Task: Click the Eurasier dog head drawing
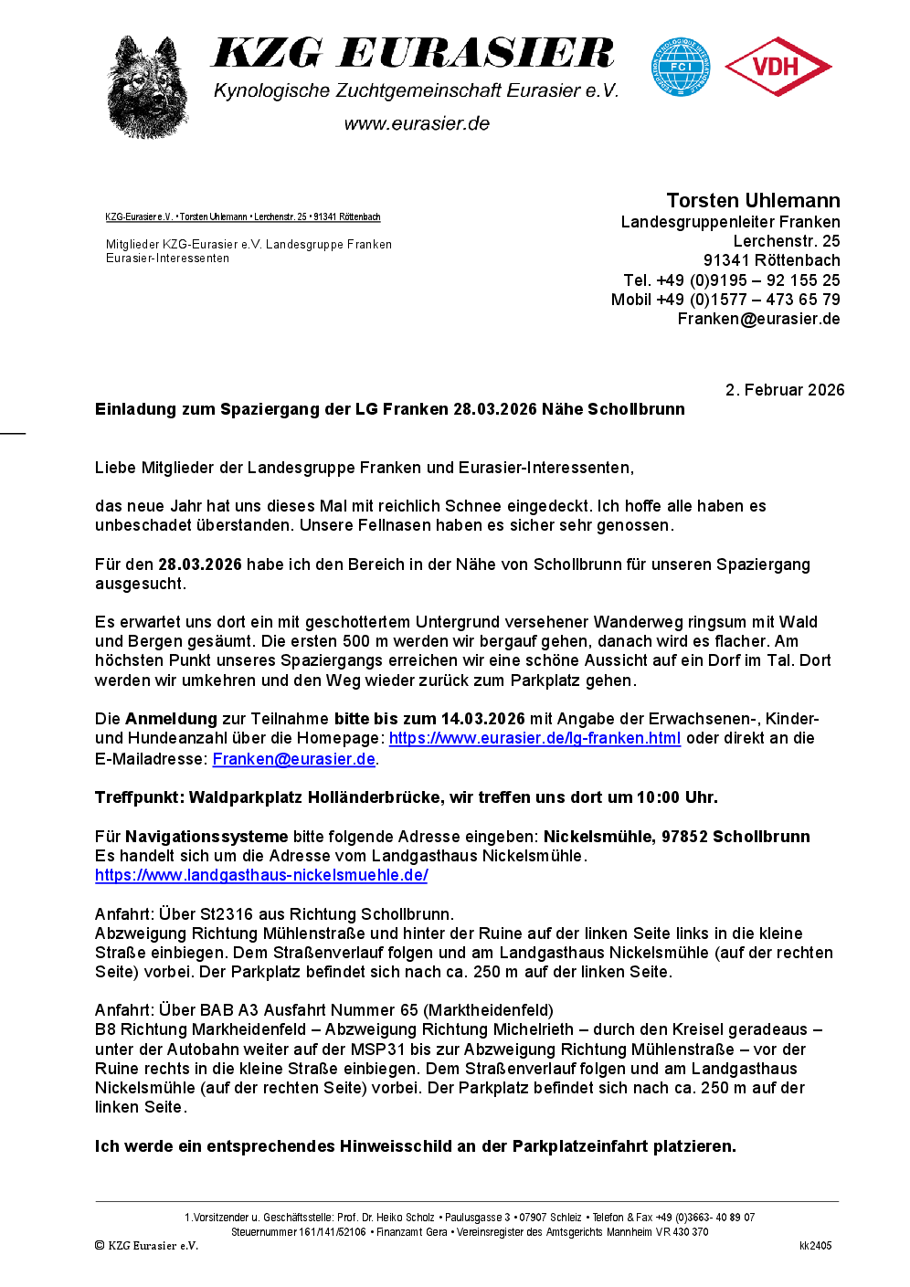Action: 147,88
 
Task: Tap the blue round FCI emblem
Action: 681,67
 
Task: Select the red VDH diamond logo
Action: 778,67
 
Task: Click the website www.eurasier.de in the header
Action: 417,123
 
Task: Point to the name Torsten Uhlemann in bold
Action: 753,201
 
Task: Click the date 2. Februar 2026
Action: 785,390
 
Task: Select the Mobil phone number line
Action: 725,300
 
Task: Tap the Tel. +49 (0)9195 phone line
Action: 731,280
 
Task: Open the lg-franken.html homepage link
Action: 534,738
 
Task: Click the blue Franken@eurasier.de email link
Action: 293,759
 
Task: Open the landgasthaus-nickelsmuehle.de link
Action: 261,875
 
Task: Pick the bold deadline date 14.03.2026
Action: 482,719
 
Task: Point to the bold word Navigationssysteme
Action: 206,837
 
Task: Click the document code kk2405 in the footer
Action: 815,1246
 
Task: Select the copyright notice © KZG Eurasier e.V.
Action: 146,1246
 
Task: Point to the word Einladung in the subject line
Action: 135,409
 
